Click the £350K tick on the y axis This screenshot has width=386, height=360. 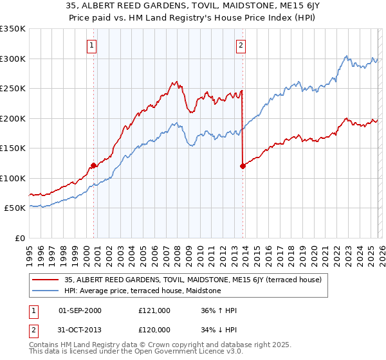tap(13, 29)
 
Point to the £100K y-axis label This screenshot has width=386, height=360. tap(13, 178)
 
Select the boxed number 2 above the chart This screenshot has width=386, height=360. tap(241, 46)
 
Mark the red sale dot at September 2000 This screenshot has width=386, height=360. tap(93, 166)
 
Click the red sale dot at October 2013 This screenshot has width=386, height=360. tap(243, 166)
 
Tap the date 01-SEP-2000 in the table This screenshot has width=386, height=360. tap(80, 310)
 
